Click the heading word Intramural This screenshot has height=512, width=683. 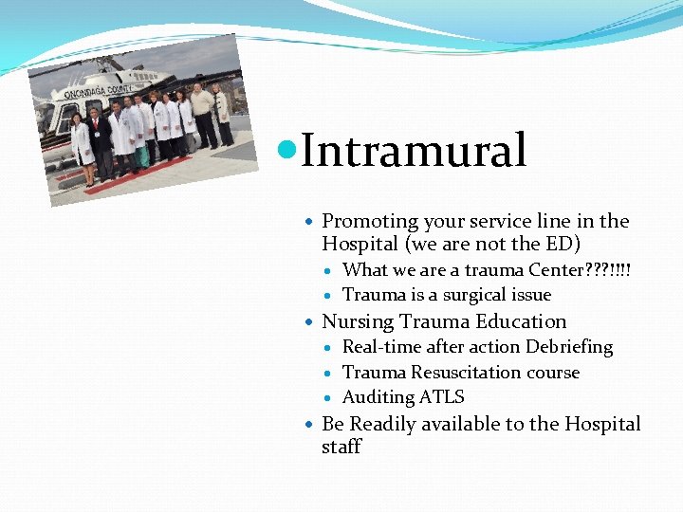414,152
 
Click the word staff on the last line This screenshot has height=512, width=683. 341,447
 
